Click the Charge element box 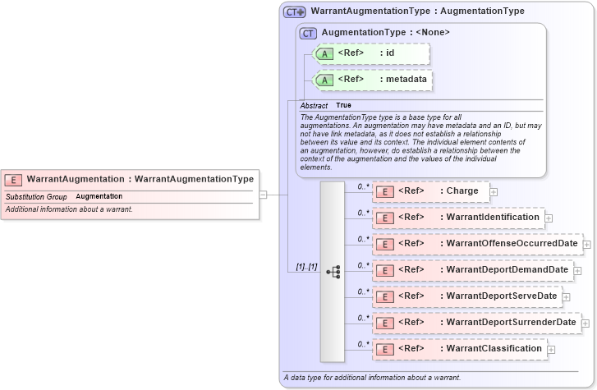tap(430, 191)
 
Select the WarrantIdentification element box tap(458, 218)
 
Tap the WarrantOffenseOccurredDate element tap(477, 244)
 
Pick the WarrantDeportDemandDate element tap(472, 270)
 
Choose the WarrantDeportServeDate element tap(466, 296)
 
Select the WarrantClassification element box tap(459, 349)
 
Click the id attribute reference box tap(372, 54)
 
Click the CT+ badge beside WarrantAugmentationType tap(294, 12)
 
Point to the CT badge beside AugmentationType tap(309, 34)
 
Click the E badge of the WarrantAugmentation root tap(14, 179)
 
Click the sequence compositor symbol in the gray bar tap(333, 272)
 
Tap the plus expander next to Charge tap(494, 192)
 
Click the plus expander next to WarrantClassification tap(550, 350)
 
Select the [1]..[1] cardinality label tap(306, 268)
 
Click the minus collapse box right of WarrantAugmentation tap(263, 195)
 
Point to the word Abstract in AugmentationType tap(314, 106)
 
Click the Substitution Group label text tap(36, 197)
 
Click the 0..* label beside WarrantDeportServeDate tap(363, 291)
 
